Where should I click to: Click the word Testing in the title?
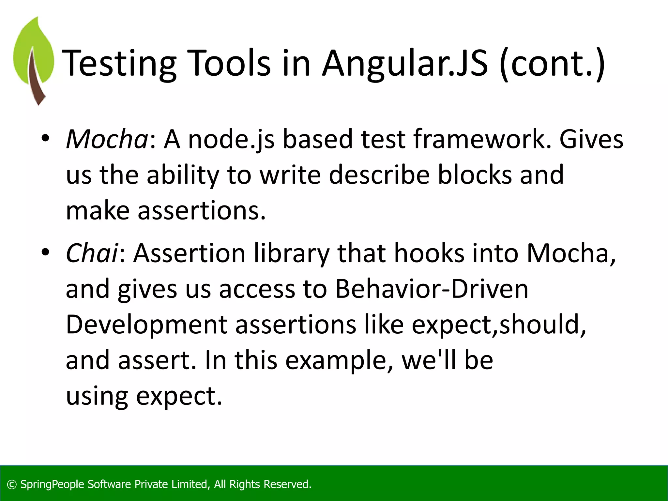tap(119, 64)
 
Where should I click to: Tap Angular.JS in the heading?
tap(405, 64)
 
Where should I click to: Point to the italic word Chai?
tap(92, 253)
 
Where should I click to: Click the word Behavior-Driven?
tap(432, 289)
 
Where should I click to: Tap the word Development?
tap(146, 325)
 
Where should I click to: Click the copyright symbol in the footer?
tap(12, 484)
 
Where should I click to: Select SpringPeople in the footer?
tap(52, 485)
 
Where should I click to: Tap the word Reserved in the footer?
tap(287, 484)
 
